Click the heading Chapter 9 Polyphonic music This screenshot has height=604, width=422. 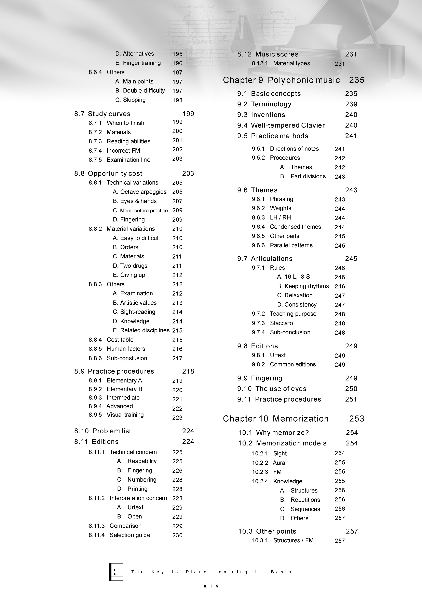pyautogui.click(x=281, y=80)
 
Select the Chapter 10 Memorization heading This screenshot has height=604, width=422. pyautogui.click(x=275, y=419)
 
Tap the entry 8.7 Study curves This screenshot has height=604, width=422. pyautogui.click(x=102, y=114)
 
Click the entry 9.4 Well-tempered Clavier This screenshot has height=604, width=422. pyautogui.click(x=281, y=125)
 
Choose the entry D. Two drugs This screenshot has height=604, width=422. pyautogui.click(x=130, y=266)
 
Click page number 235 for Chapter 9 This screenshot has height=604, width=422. pyautogui.click(x=357, y=80)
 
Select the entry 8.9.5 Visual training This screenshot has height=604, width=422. pyautogui.click(x=116, y=415)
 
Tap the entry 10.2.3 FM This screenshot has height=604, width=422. pyautogui.click(x=267, y=472)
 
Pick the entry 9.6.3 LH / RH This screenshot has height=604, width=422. pyautogui.click(x=271, y=217)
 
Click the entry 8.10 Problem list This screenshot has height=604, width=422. pyautogui.click(x=103, y=431)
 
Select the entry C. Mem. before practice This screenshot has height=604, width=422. pyautogui.click(x=140, y=210)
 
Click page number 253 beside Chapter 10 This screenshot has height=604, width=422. pyautogui.click(x=357, y=419)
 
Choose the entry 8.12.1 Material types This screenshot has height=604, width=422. pyautogui.click(x=281, y=63)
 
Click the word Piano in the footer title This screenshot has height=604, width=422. pyautogui.click(x=196, y=572)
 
